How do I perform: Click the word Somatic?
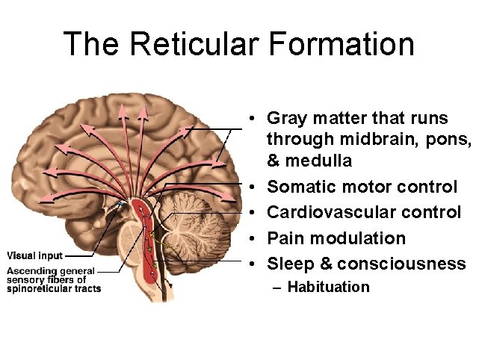300,187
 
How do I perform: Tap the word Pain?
284,238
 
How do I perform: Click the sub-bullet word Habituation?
328,287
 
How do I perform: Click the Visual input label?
35,255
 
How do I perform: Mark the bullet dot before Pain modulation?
255,239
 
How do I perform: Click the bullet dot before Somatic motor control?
255,187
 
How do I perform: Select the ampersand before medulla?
274,160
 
